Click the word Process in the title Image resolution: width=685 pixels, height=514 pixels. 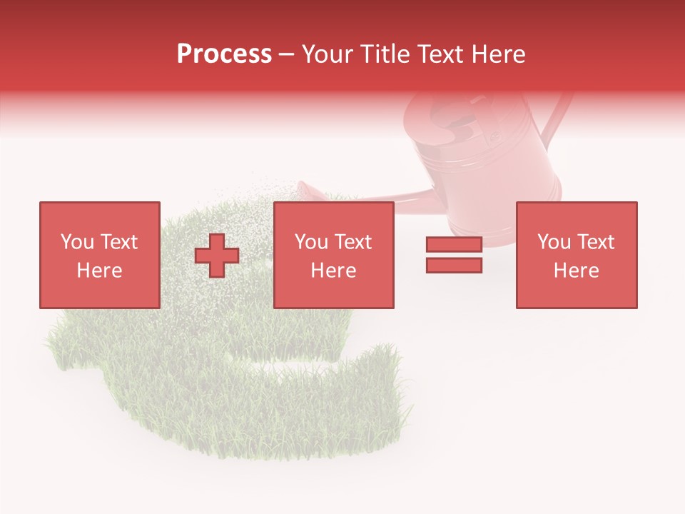(x=224, y=54)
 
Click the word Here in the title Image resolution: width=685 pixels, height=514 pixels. (x=497, y=54)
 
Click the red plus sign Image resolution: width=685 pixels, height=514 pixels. (x=217, y=256)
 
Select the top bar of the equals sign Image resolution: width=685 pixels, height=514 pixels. (x=454, y=245)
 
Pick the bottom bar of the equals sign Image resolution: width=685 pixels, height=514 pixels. (x=454, y=266)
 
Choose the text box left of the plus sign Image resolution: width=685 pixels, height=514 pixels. (x=100, y=255)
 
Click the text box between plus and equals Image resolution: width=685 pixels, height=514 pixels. (x=334, y=255)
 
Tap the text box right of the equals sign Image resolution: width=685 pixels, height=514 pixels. (x=577, y=255)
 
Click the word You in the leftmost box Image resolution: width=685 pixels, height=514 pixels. (x=76, y=242)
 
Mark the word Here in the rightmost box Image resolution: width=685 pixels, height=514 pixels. (x=577, y=271)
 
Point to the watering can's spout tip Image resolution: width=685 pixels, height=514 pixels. (x=304, y=187)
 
